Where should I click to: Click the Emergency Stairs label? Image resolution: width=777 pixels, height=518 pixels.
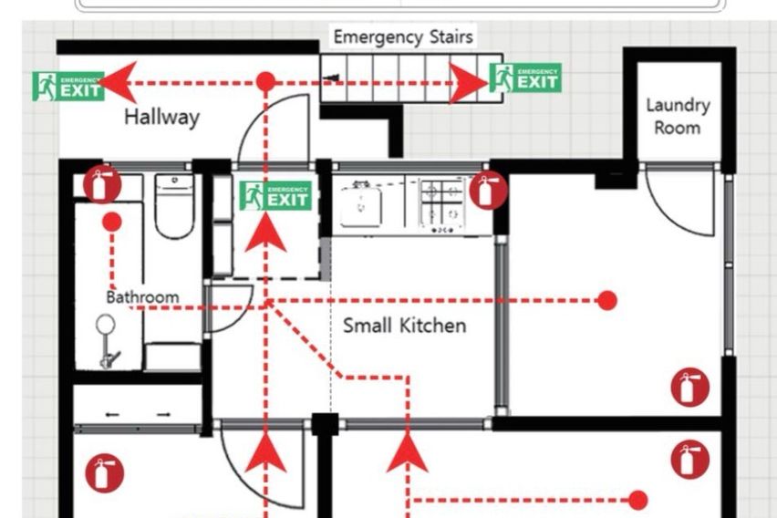click(403, 37)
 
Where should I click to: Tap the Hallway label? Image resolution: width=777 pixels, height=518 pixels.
click(162, 117)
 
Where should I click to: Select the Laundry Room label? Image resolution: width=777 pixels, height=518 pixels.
click(678, 117)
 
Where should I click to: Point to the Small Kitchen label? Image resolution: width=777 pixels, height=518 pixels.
click(404, 326)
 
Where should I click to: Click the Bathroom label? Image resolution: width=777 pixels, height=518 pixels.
click(142, 297)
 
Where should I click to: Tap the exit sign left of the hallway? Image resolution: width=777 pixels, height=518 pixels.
click(68, 87)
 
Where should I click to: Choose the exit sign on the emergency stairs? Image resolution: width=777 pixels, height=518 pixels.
click(525, 78)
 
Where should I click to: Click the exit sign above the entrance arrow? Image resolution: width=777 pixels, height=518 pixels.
click(275, 196)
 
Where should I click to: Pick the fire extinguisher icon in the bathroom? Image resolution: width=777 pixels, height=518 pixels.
click(102, 184)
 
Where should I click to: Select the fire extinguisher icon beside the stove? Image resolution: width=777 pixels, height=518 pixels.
click(488, 191)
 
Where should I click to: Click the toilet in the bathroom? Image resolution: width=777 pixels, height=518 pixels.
click(174, 206)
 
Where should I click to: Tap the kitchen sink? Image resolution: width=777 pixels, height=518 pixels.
click(361, 204)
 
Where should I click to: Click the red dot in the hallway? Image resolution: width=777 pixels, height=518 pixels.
click(265, 82)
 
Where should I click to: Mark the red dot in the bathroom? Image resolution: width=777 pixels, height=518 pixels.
click(112, 223)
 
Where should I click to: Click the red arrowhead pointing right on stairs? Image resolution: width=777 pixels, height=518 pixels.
click(469, 83)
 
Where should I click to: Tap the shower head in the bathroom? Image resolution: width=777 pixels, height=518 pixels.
click(106, 326)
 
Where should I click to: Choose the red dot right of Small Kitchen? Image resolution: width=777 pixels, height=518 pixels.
click(607, 300)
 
